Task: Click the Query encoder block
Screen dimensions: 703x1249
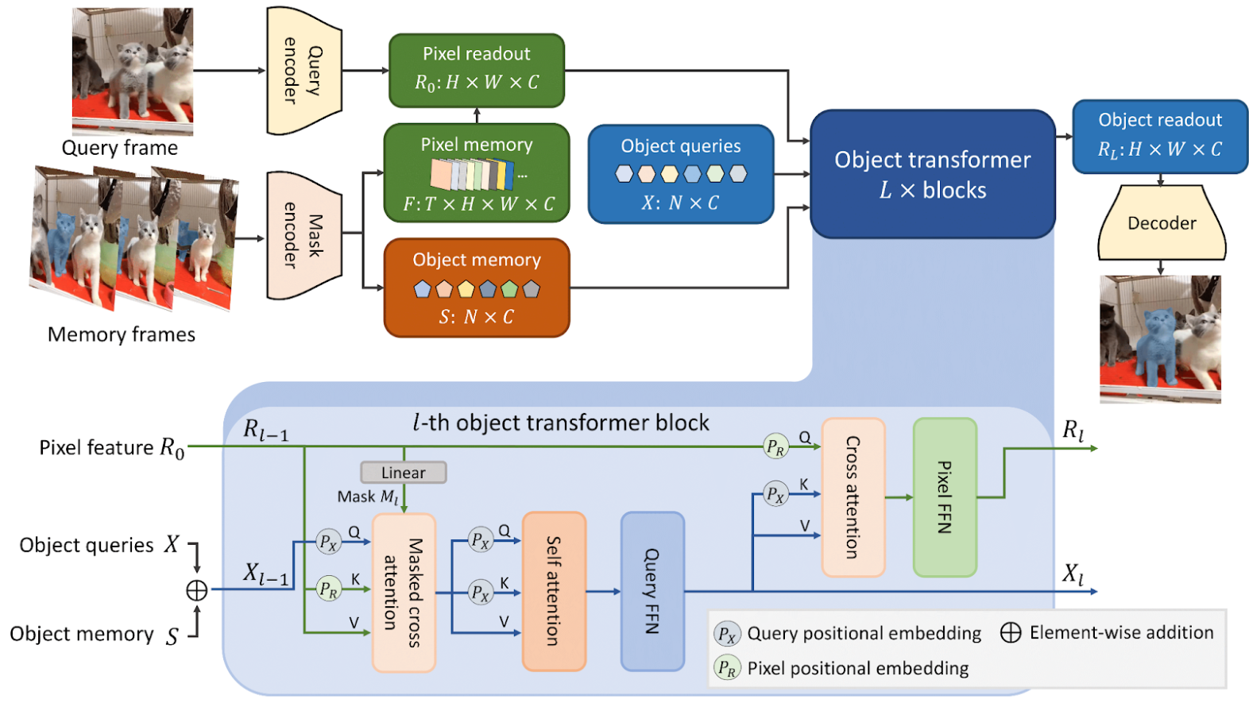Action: point(304,71)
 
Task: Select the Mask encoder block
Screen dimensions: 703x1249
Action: point(304,235)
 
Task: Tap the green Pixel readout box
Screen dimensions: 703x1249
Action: point(476,70)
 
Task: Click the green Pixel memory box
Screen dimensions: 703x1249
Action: point(476,173)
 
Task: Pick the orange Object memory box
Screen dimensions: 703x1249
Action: point(476,288)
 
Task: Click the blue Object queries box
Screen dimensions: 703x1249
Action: point(680,174)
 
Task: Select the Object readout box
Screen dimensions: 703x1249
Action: point(1159,136)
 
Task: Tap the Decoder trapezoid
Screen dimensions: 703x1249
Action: point(1161,223)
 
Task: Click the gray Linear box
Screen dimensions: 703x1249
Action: point(403,473)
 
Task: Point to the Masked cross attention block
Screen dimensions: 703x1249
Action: point(404,593)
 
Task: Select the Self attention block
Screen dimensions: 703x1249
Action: point(554,591)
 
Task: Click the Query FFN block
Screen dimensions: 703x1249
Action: point(652,591)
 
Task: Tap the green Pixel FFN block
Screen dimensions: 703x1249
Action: point(944,497)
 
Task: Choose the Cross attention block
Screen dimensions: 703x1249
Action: point(853,497)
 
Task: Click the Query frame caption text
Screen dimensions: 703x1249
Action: point(120,148)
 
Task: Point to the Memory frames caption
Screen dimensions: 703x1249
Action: point(122,334)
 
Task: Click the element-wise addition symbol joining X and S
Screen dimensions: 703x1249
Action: point(196,590)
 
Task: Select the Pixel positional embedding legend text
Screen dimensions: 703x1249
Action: point(857,668)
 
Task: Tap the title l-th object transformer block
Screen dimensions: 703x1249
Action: point(561,423)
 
